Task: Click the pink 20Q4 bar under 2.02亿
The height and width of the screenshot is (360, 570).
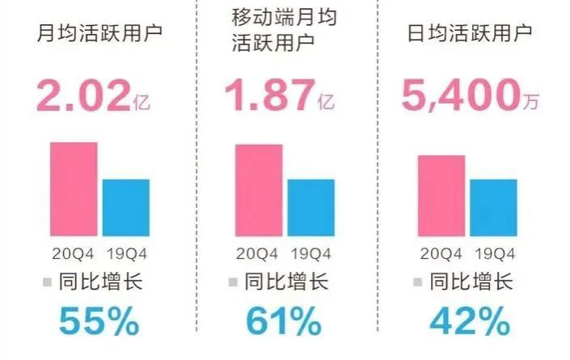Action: click(74, 188)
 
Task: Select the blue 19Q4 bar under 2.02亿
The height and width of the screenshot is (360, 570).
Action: click(125, 207)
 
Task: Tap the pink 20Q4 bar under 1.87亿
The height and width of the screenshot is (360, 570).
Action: click(259, 190)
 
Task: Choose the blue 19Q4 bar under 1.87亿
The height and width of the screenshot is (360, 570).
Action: click(310, 207)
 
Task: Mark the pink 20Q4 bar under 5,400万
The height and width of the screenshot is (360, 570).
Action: click(441, 195)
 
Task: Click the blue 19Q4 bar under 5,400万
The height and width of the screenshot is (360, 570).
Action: click(493, 207)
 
